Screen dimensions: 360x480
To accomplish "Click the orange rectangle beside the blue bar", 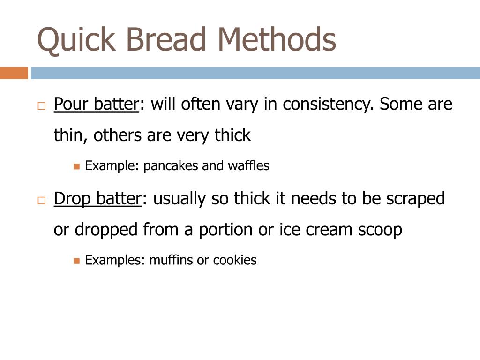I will pyautogui.click(x=14, y=73).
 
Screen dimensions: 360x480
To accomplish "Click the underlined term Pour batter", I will pyautogui.click(x=96, y=104).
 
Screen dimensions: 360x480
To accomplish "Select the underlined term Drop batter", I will pyautogui.click(x=97, y=199).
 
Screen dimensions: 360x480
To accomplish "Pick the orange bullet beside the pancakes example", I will pyautogui.click(x=77, y=166).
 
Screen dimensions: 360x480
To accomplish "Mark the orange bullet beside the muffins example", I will pyautogui.click(x=77, y=261).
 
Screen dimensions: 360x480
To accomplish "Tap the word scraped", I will pyautogui.click(x=415, y=199).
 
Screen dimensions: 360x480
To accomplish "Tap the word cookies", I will pyautogui.click(x=235, y=260).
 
